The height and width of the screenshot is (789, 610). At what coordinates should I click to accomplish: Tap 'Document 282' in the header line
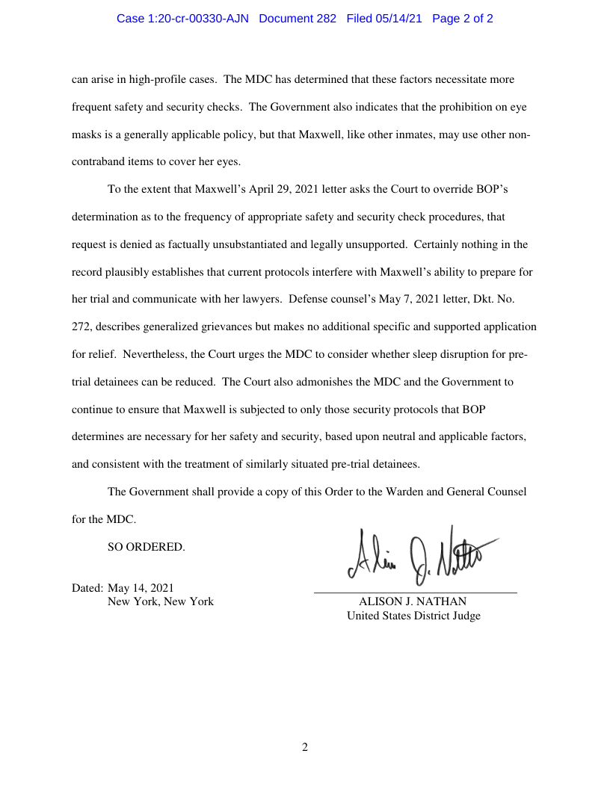pos(298,19)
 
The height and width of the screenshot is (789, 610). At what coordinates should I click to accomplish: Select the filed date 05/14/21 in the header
pos(400,19)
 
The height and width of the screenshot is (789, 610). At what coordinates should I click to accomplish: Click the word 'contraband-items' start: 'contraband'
pos(97,161)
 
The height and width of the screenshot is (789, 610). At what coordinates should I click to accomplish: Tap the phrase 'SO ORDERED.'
pos(146,547)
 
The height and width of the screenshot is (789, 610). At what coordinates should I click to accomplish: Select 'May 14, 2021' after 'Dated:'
pos(141,587)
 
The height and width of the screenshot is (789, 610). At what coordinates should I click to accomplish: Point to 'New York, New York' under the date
pos(161,601)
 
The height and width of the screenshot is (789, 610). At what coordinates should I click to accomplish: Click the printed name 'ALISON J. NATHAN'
pos(413,601)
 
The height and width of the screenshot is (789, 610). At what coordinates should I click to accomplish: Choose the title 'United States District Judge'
pos(413,616)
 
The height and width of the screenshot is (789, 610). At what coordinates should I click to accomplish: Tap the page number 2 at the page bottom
pos(304,747)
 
